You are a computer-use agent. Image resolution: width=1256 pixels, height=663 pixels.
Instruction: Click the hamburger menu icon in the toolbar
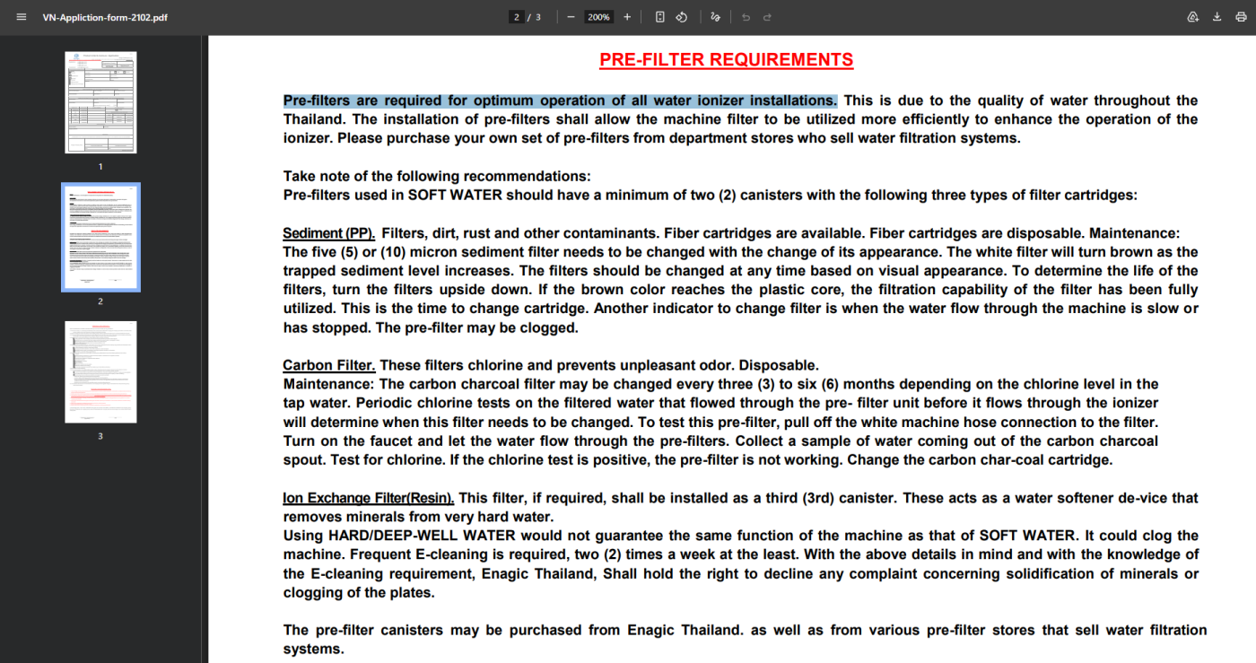[x=22, y=17]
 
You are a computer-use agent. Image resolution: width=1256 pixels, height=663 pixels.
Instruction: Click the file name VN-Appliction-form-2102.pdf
[x=105, y=17]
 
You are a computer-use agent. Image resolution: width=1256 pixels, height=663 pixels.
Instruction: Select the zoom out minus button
[x=571, y=17]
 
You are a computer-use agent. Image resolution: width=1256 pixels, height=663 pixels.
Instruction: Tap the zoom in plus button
[x=627, y=17]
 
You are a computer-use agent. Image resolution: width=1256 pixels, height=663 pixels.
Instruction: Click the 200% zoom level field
[x=598, y=17]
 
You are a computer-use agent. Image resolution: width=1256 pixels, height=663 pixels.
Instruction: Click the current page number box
[x=517, y=17]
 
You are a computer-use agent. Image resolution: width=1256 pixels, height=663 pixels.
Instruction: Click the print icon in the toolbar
[x=1241, y=17]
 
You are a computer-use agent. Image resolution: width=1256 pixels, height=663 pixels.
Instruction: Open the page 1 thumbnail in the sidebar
[x=100, y=102]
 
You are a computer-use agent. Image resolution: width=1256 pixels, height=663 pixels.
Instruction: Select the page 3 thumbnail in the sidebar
[x=100, y=371]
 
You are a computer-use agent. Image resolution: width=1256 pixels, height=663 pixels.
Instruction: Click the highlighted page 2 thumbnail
[x=100, y=237]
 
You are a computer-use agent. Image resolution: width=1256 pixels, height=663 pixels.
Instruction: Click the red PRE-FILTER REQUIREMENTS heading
[x=726, y=60]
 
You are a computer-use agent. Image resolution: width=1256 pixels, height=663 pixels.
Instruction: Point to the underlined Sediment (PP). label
[x=328, y=233]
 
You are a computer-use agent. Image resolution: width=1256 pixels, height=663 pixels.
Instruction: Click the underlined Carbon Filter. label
[x=328, y=365]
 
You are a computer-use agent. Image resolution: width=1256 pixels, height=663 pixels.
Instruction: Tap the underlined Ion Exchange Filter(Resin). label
[x=368, y=498]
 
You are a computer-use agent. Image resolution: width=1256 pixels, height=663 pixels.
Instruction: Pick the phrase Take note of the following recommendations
[x=437, y=177]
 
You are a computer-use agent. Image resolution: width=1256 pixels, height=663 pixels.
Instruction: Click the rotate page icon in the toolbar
[x=681, y=17]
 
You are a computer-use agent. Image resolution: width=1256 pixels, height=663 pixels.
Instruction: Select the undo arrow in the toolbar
[x=746, y=17]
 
